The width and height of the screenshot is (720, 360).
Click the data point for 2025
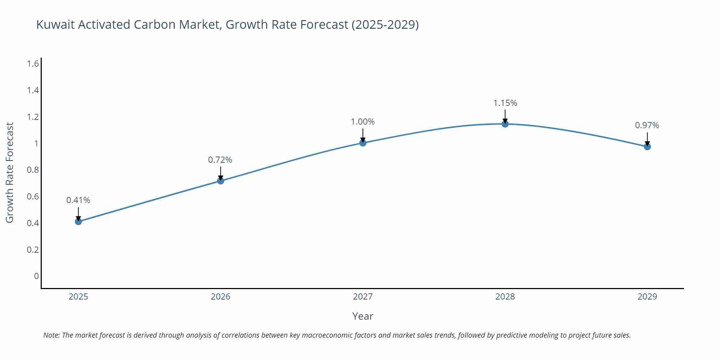click(78, 221)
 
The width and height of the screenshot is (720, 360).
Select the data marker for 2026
click(221, 181)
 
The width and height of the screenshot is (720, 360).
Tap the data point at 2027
click(363, 143)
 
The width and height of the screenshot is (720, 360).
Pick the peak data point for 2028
click(505, 124)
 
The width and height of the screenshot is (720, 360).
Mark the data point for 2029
click(647, 147)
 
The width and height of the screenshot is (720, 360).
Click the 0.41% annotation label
click(78, 200)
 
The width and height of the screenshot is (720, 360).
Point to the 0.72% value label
click(220, 159)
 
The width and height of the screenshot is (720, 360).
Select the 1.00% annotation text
click(363, 122)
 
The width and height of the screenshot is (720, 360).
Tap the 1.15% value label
click(505, 103)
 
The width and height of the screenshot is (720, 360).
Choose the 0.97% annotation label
click(647, 125)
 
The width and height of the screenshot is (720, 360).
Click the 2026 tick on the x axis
click(220, 297)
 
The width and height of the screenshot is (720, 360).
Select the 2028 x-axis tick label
click(505, 297)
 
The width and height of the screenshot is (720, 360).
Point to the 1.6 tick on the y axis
click(33, 64)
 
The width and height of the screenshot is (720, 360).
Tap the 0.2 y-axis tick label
click(33, 249)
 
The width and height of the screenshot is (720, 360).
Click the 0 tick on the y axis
click(36, 276)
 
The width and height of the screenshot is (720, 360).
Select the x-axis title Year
click(363, 316)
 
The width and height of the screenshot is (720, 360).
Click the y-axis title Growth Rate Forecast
click(10, 172)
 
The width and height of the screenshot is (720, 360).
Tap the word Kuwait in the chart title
click(56, 24)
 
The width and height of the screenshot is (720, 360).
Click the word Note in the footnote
click(51, 335)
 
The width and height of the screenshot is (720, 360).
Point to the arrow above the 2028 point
click(505, 116)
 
